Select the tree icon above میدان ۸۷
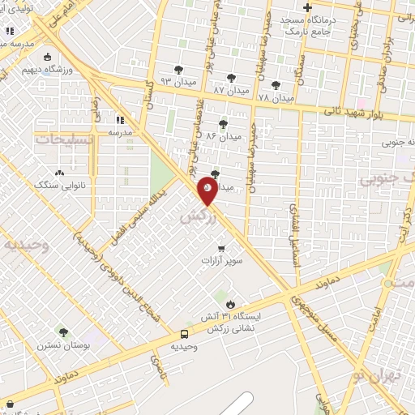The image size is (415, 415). [x=232, y=78]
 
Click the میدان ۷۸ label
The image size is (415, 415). [x=275, y=97]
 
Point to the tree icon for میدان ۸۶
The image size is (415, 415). [x=223, y=123]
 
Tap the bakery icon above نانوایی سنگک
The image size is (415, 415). [x=59, y=173]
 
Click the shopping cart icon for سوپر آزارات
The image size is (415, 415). [x=221, y=249]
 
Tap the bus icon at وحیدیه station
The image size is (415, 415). [x=185, y=333]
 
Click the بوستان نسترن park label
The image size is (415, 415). [x=61, y=344]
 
